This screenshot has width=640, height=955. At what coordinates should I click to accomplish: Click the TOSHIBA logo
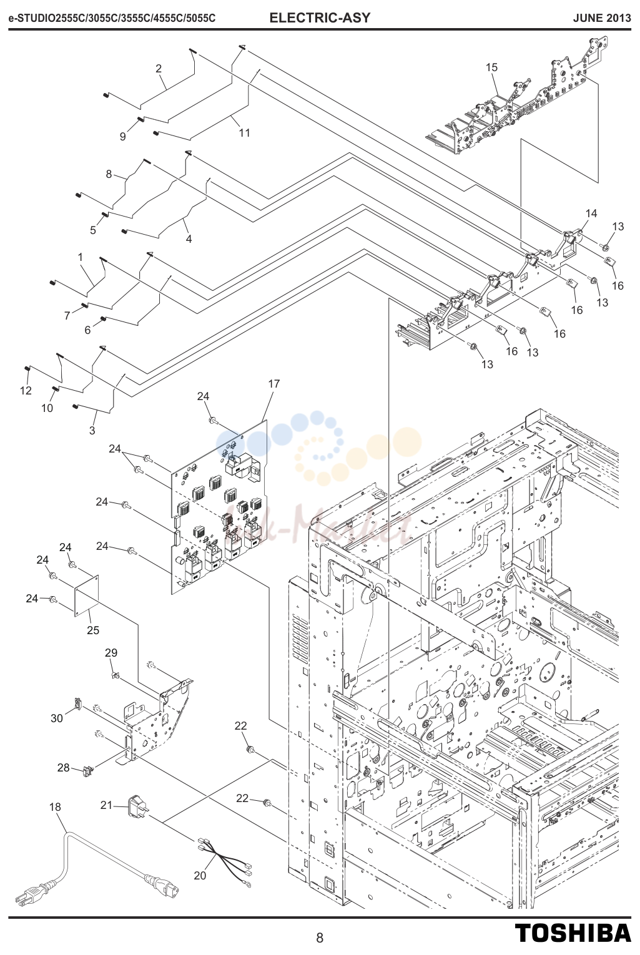(x=573, y=933)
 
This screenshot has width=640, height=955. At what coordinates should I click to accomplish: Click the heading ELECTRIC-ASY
(x=320, y=18)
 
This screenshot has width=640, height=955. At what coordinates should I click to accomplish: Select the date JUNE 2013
(x=602, y=18)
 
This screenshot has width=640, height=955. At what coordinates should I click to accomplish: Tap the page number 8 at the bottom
(x=320, y=938)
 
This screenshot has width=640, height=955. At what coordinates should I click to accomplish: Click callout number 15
(x=491, y=67)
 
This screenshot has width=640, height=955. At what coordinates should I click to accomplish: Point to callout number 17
(x=273, y=384)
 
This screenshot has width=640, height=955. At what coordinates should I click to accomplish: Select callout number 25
(x=93, y=630)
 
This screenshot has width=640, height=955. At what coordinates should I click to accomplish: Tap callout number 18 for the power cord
(x=56, y=806)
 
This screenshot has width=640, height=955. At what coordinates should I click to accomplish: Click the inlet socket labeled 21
(x=137, y=805)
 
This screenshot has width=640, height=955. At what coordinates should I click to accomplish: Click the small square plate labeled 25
(x=87, y=596)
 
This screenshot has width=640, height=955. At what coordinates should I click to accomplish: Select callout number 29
(x=111, y=652)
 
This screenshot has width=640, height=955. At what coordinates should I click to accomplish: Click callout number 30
(x=57, y=718)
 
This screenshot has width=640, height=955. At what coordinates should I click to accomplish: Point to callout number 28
(x=64, y=767)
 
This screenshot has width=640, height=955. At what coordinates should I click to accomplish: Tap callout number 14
(x=591, y=213)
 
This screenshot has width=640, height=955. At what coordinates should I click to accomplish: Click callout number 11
(x=244, y=133)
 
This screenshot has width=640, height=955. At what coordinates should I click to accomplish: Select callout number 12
(x=26, y=391)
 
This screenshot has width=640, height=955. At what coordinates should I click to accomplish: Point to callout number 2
(x=159, y=68)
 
